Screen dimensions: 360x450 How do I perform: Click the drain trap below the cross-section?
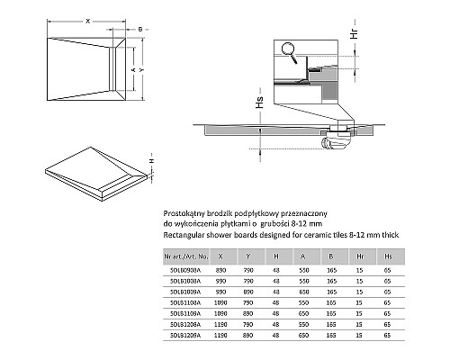pos(340,134)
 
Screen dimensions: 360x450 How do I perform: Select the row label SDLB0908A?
pos(184,269)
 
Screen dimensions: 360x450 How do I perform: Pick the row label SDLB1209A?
pos(184,336)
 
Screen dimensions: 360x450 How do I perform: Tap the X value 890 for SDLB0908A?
pos(220,269)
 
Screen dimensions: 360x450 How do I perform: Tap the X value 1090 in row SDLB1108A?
pos(220,302)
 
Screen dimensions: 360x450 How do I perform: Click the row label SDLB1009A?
pos(184,292)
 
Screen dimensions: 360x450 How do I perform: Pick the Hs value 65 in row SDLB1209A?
pos(386,336)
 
